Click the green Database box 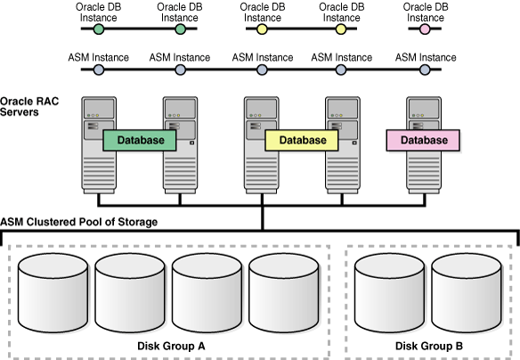pos(140,141)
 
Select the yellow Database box pos(302,141)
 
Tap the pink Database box pos(423,141)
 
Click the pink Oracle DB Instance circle pos(426,29)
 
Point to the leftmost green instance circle pos(99,29)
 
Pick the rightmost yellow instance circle pos(341,29)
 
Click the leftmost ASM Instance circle pos(99,70)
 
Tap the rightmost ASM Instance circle pos(426,70)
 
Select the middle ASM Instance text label pos(261,56)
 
